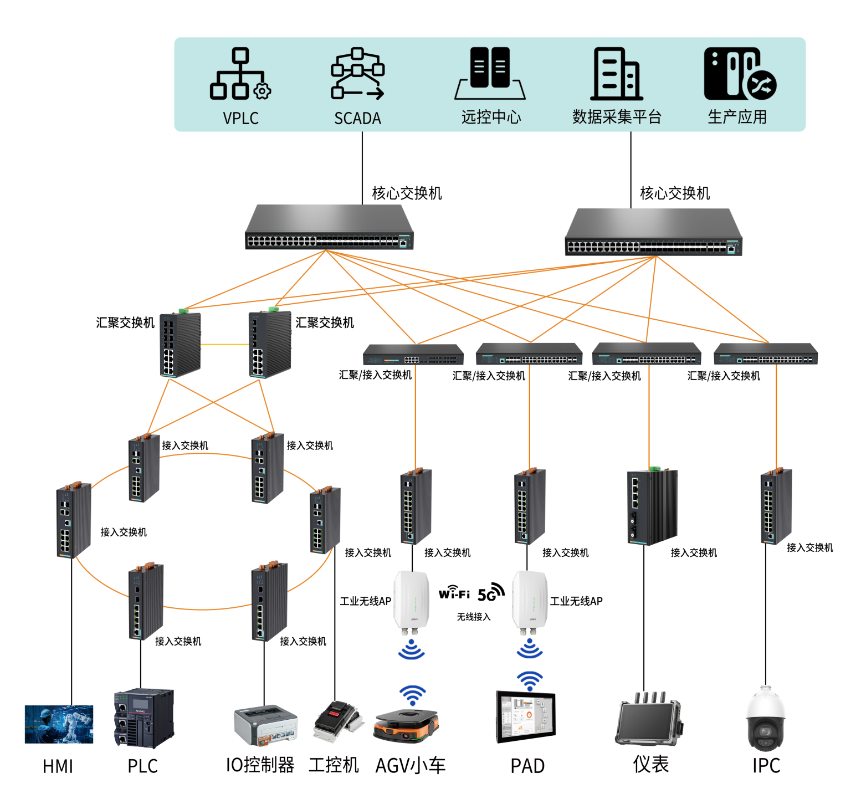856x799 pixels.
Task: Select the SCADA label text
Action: [x=357, y=118]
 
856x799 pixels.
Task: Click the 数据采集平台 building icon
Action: [x=616, y=74]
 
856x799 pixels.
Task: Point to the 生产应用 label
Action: [x=737, y=117]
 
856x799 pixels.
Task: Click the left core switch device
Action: [x=329, y=228]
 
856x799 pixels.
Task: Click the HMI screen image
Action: [x=59, y=724]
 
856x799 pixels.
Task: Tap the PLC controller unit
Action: [x=143, y=718]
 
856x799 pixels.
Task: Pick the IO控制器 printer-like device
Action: [x=265, y=725]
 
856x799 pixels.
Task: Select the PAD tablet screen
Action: [x=525, y=716]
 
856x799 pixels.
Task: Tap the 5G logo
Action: [x=490, y=593]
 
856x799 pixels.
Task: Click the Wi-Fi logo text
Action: [x=454, y=593]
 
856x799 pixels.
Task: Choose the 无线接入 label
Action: [x=473, y=617]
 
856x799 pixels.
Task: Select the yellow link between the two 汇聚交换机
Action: [x=224, y=345]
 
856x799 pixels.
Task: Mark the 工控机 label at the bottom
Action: [x=334, y=765]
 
